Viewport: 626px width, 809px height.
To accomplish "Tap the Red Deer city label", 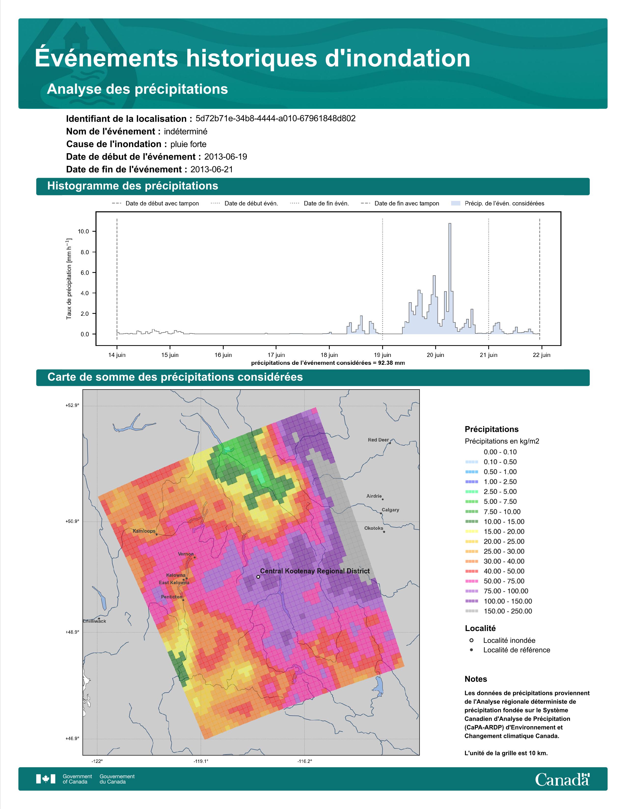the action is [378, 440].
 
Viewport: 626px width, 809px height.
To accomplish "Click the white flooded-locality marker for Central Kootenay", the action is [258, 577].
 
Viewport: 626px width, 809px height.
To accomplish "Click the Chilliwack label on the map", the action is [95, 621].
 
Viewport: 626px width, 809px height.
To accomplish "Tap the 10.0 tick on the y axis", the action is [83, 231].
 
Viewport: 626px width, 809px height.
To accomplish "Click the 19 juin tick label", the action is [382, 355].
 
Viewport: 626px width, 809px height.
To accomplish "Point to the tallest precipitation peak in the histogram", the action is [450, 224].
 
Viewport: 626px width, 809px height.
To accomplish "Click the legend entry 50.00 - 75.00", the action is [504, 581].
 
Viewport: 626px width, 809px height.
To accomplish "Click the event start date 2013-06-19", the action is [225, 157].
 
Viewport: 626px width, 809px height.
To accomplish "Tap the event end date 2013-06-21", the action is [212, 169].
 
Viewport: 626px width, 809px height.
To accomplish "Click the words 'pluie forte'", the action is [188, 144].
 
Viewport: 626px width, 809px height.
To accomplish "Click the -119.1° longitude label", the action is [201, 761].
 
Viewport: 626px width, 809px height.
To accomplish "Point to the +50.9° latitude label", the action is [72, 521].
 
